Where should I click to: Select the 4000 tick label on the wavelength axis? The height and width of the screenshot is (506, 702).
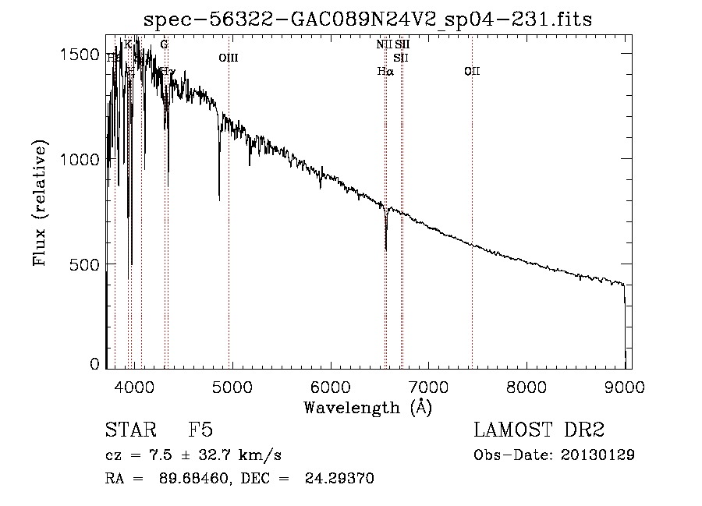pyautogui.click(x=135, y=386)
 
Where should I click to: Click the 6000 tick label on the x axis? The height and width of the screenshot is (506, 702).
pyautogui.click(x=331, y=386)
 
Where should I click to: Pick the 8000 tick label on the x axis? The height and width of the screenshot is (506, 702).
pyautogui.click(x=526, y=386)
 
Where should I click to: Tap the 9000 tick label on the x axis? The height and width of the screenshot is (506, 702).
pyautogui.click(x=624, y=386)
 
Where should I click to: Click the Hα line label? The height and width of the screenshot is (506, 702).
pyautogui.click(x=385, y=72)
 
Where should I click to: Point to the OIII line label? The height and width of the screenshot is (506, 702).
pyautogui.click(x=229, y=58)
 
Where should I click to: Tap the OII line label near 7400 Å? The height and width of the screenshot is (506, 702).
pyautogui.click(x=472, y=72)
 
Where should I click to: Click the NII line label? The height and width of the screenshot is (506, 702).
pyautogui.click(x=384, y=44)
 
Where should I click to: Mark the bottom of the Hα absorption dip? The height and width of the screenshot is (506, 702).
pyautogui.click(x=386, y=249)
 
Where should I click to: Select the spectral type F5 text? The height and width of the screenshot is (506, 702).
pyautogui.click(x=201, y=430)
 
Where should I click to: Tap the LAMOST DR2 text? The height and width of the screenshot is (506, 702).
pyautogui.click(x=538, y=430)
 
